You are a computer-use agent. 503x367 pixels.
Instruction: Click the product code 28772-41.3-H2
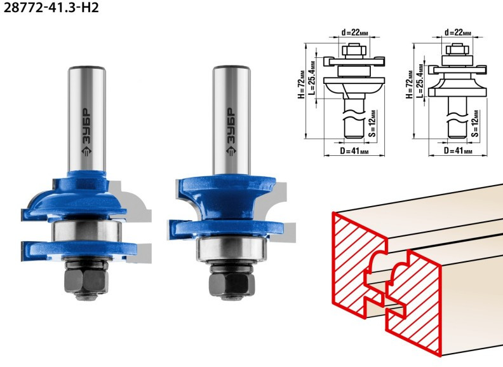coord(51,7)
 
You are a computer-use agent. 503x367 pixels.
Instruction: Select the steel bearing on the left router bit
coord(87,231)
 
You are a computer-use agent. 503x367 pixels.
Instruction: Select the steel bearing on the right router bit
coord(232,249)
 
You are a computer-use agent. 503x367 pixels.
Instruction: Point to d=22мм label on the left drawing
coord(354,32)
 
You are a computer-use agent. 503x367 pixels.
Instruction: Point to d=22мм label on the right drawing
coord(458,32)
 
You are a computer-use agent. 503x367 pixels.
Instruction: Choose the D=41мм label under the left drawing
coord(354,150)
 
